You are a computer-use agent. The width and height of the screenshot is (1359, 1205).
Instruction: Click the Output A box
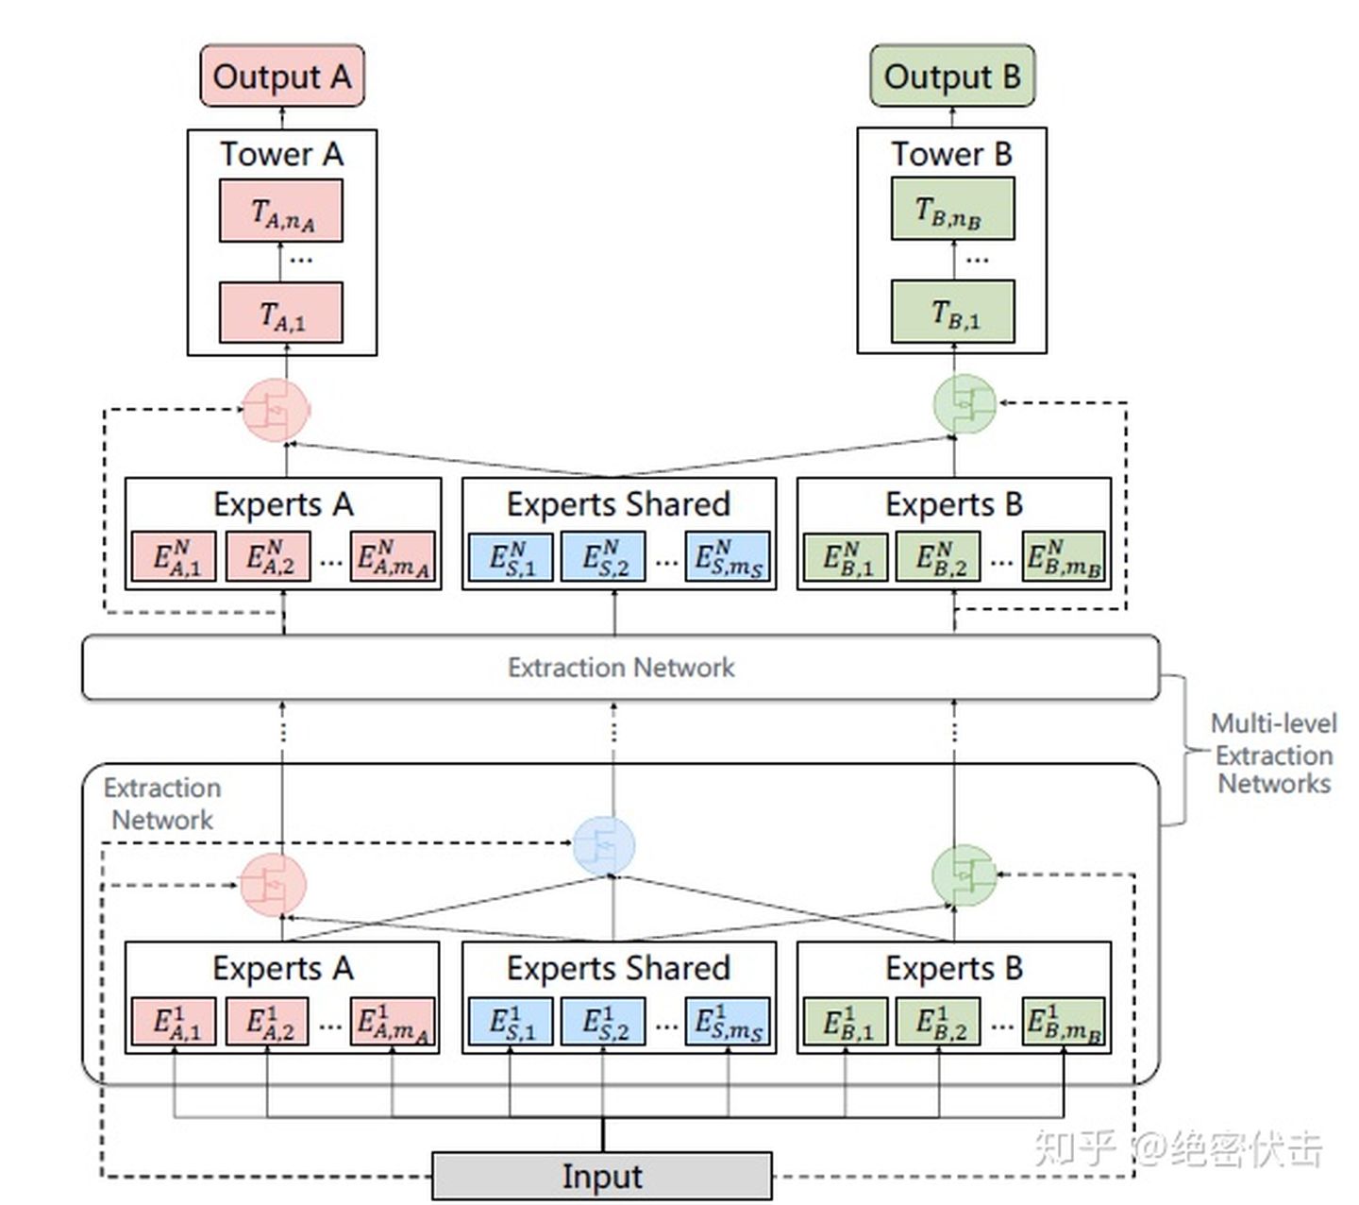(281, 76)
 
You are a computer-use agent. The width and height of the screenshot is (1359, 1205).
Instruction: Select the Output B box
(951, 76)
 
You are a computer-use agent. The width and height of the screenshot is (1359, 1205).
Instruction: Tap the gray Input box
(602, 1177)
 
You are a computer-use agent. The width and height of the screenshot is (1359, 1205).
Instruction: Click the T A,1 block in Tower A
(281, 314)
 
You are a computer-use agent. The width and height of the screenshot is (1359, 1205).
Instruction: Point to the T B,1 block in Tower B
(953, 312)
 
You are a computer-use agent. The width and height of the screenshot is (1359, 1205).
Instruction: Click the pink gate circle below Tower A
(276, 410)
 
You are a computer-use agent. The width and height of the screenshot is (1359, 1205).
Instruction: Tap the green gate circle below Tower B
(963, 404)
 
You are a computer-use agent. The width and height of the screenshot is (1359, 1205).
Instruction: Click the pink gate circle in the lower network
(274, 884)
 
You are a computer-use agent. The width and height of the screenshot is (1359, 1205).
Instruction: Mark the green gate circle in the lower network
(963, 875)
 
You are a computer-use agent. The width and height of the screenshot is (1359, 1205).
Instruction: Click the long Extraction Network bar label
(620, 668)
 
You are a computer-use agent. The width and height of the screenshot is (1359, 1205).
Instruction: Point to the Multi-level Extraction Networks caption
(1273, 754)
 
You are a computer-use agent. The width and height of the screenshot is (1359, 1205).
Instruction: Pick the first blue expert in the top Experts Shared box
(511, 557)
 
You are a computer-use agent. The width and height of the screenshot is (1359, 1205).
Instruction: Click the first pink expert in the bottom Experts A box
(175, 1022)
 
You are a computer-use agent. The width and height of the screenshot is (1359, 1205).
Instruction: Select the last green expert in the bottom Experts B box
(1064, 1022)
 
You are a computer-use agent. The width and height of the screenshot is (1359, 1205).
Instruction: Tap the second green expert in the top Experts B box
(938, 557)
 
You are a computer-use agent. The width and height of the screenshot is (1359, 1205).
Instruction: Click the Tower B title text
(951, 153)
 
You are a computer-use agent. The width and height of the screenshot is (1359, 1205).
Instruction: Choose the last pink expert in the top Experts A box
(393, 557)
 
